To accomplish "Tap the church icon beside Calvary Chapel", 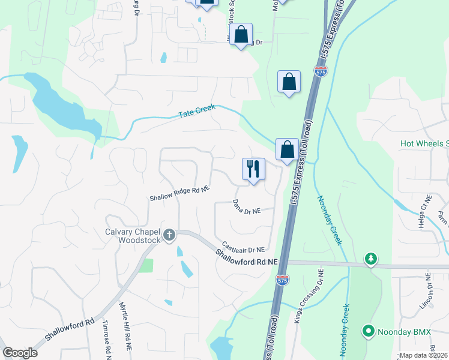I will coord(170,235).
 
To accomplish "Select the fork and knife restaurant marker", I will coord(253,169).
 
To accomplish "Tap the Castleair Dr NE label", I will coord(243,247).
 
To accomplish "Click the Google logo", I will coord(20,352).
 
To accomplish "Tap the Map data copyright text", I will coord(424,355).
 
